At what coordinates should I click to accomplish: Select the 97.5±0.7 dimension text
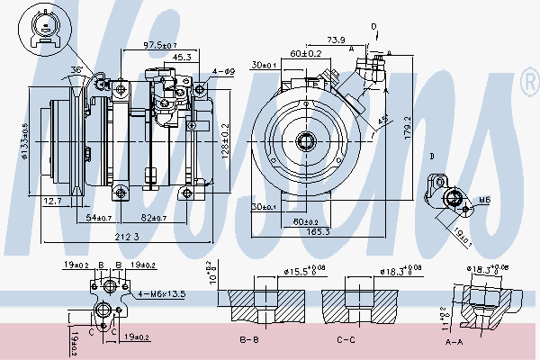pyautogui.click(x=159, y=45)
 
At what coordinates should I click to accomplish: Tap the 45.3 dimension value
pyautogui.click(x=181, y=57)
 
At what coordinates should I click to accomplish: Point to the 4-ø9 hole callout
pyautogui.click(x=223, y=71)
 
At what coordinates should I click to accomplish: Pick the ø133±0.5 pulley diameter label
pyautogui.click(x=26, y=140)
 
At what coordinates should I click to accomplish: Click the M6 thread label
pyautogui.click(x=483, y=200)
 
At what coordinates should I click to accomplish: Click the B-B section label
pyautogui.click(x=250, y=340)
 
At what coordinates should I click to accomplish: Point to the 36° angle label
pyautogui.click(x=77, y=70)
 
